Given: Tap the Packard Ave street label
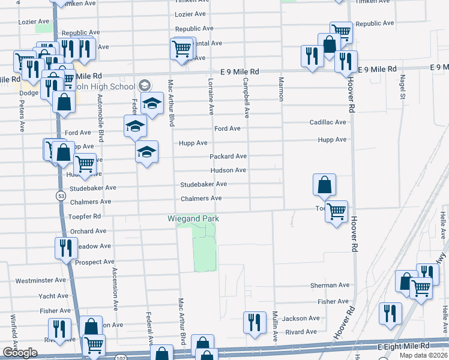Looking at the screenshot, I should coord(228,156).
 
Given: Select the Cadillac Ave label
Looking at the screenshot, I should coord(328,122).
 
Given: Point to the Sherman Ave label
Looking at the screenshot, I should coord(330,285).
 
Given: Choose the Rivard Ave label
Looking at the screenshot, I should coord(301,332).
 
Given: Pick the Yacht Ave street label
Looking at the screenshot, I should coord(53,296).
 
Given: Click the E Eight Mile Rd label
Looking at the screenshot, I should coord(403,347).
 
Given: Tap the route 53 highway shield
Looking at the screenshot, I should coord(61,196).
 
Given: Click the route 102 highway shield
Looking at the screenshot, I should coord(121,357).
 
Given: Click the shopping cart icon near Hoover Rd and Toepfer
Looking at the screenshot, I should coord(337,211).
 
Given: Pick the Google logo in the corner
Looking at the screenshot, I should coord(20,353).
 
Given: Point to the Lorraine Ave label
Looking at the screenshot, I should coord(211,97).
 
